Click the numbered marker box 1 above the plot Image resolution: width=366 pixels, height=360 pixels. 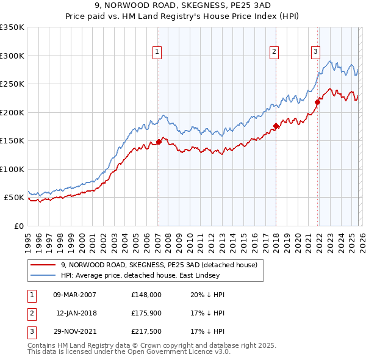(157, 52)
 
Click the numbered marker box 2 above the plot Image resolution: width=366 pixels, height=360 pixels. (274, 52)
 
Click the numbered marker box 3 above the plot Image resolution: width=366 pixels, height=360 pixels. (316, 52)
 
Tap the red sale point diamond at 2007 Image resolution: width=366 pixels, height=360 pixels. (159, 142)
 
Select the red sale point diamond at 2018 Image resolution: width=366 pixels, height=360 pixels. (276, 126)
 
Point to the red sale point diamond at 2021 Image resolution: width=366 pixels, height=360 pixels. (318, 102)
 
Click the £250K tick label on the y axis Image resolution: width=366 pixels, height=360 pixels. (12, 84)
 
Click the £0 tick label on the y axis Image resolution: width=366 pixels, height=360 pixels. (18, 226)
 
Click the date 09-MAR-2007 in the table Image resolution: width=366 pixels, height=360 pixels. (75, 295)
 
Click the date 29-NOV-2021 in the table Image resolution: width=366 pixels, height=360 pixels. (75, 331)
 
